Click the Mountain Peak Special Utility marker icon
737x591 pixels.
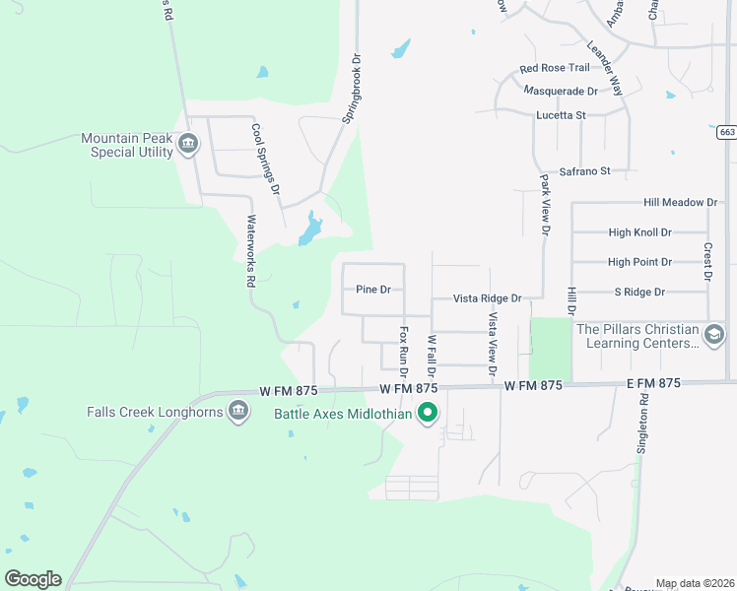pos(189,146)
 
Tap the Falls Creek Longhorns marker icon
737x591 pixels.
pos(237,411)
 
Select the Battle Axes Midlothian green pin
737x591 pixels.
pos(427,414)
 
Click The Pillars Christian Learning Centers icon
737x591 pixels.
pos(714,336)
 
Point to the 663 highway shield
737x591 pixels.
pos(726,132)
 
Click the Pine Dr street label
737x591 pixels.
pos(373,290)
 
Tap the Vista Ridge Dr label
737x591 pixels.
pos(486,297)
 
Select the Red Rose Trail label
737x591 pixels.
pos(555,68)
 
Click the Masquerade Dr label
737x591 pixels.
pos(561,91)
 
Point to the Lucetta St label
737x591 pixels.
pos(561,115)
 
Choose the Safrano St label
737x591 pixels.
pos(585,170)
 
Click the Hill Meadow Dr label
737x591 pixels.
pos(680,202)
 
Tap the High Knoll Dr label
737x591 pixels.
pos(639,232)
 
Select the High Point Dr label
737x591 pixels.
pos(639,262)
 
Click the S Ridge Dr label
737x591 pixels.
pos(639,292)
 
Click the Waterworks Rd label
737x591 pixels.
pos(251,251)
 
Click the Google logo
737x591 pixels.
pos(33,579)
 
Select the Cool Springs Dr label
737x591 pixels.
pos(266,159)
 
